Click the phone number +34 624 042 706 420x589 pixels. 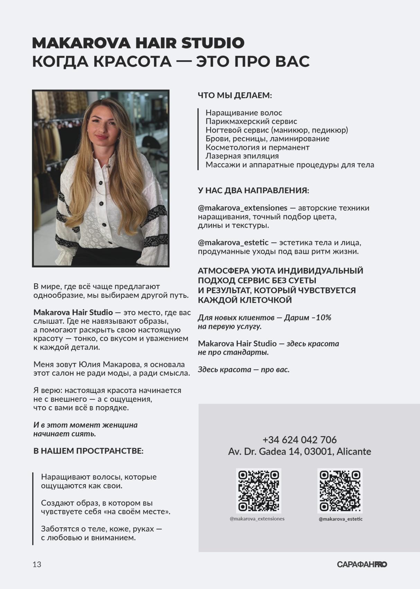tap(300, 440)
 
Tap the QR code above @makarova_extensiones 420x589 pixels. tap(258, 490)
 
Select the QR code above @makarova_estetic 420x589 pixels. tap(340, 490)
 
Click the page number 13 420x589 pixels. tap(37, 564)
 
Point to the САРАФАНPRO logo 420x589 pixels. tap(362, 564)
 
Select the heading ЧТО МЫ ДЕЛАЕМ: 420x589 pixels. tap(235, 95)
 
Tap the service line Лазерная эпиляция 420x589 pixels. tap(242, 156)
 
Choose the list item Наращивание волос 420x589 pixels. tap(244, 113)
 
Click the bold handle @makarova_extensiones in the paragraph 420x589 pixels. tap(242, 208)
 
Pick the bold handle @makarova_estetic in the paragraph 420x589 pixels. tap(233, 242)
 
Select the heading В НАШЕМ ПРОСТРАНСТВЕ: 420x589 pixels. tap(88, 451)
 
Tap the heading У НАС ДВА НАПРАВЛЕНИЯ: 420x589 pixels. tap(253, 190)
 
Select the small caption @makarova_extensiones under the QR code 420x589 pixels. tap(257, 519)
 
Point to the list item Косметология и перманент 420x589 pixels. tap(258, 147)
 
